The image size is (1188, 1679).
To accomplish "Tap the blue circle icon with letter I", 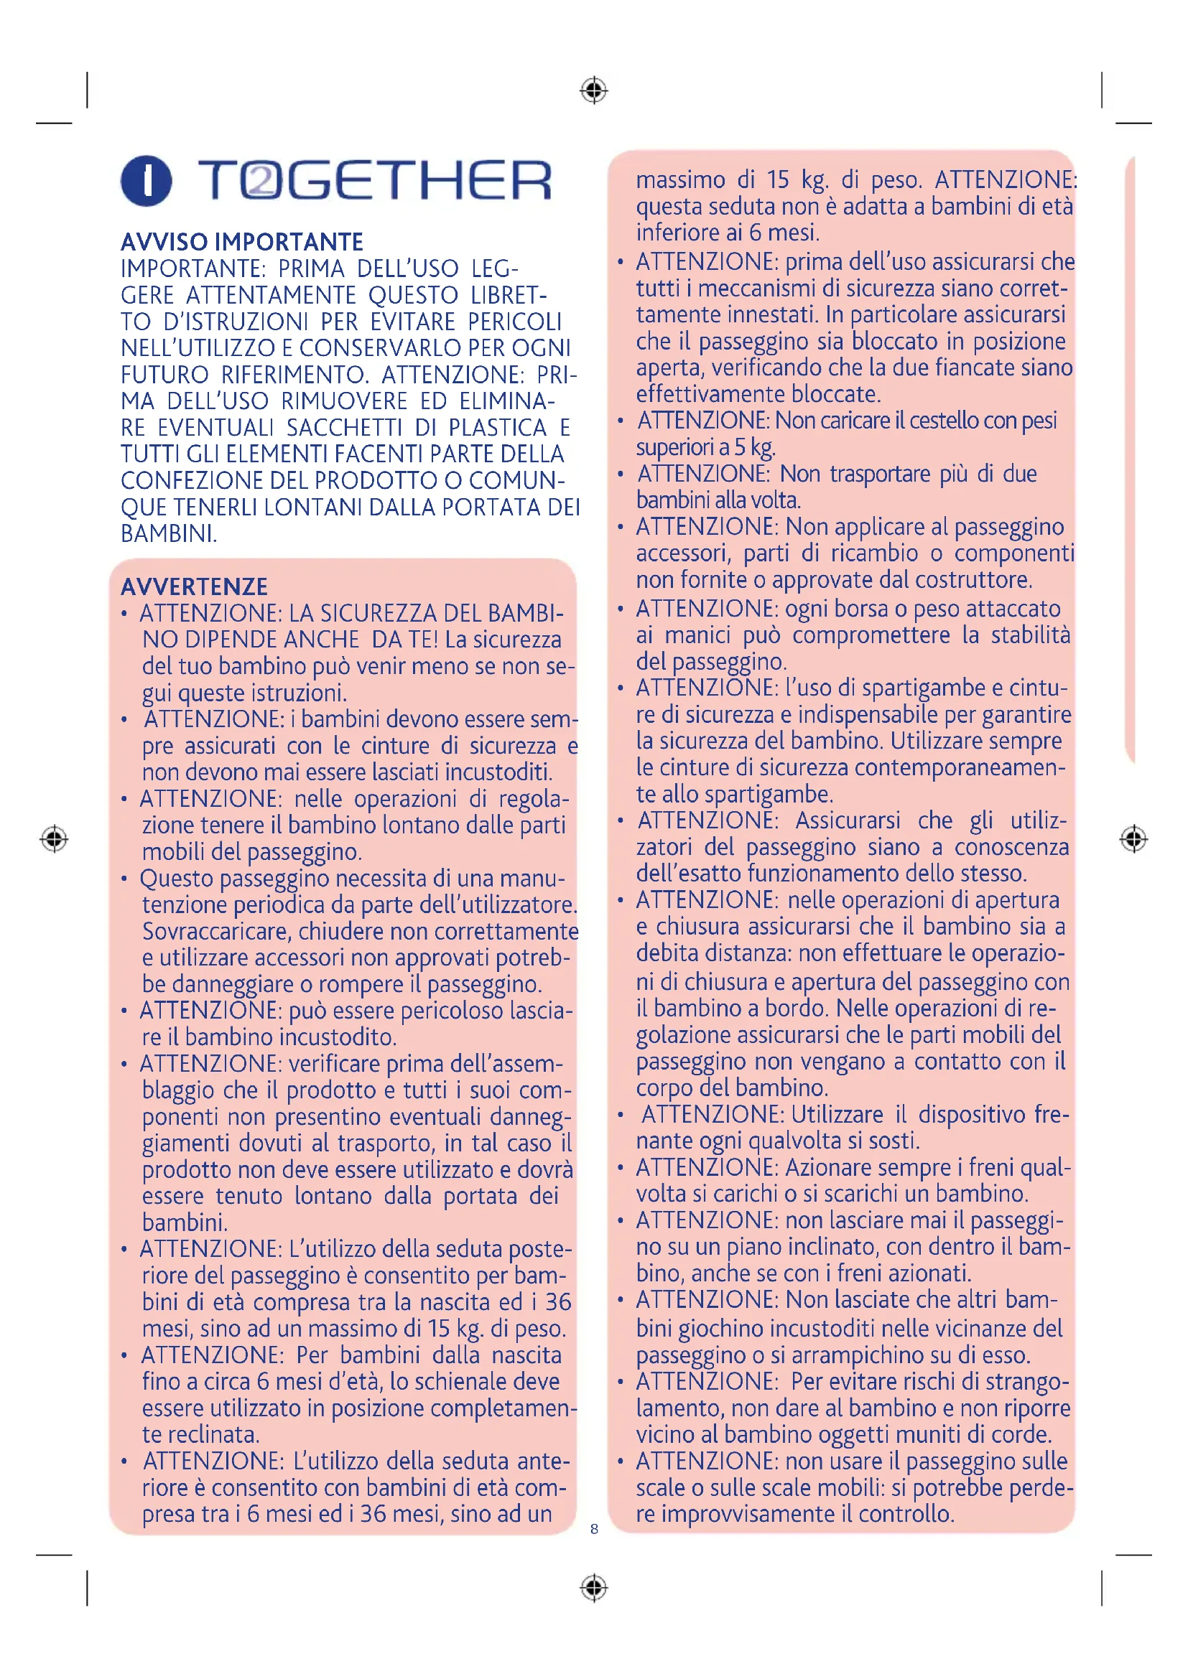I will (x=147, y=180).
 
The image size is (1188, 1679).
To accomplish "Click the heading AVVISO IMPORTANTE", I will (x=242, y=242).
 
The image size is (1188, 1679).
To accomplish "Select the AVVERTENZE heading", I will (x=195, y=586).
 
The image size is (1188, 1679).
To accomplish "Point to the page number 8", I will (x=594, y=1528).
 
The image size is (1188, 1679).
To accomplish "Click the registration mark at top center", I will (x=594, y=90).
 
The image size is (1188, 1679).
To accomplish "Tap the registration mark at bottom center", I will (x=594, y=1588).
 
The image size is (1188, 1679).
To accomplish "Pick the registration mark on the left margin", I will (x=54, y=838).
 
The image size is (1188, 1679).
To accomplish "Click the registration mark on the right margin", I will (x=1133, y=838).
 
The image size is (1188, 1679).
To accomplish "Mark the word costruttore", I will (x=973, y=580).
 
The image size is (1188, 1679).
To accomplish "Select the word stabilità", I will (x=1030, y=635).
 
